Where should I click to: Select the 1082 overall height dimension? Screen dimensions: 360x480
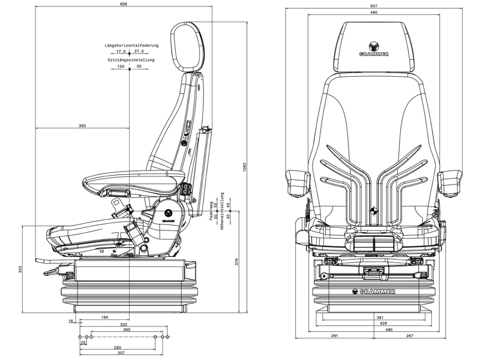coord(245,166)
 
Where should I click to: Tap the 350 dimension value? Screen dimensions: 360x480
coord(82,125)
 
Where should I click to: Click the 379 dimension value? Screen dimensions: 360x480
coord(237,262)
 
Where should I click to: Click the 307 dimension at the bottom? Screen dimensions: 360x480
coord(120,352)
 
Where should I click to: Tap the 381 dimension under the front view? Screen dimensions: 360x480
coord(379,317)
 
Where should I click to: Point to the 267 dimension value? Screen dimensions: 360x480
coord(410,336)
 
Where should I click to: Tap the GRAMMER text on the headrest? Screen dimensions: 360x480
coord(373,53)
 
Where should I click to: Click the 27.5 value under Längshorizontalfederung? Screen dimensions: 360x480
coord(139,52)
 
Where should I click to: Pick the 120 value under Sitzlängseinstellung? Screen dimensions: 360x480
coord(121,67)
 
